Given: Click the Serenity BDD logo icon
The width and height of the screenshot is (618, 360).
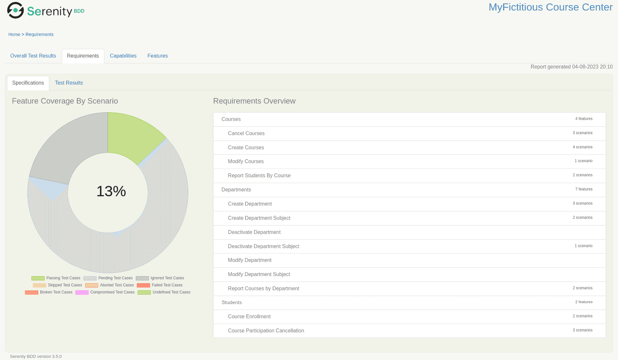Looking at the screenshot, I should [15, 10].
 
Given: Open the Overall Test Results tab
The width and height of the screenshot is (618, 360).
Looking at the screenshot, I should [33, 56].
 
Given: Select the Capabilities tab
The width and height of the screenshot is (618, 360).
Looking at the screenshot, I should [123, 56].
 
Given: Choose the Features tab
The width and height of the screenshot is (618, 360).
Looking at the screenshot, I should [158, 56].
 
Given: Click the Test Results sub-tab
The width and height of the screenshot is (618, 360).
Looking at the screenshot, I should [69, 83].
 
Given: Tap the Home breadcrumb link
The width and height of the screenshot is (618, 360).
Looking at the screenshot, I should [14, 35].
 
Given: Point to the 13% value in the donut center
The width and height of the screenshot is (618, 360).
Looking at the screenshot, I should [111, 191].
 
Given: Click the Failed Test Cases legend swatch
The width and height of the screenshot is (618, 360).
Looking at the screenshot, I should [143, 285].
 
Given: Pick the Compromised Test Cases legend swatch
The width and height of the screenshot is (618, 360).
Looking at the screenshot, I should [82, 292].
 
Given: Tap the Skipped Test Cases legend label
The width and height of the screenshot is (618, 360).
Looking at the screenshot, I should [65, 285].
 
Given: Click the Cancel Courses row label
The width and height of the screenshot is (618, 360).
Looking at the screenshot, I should [246, 133].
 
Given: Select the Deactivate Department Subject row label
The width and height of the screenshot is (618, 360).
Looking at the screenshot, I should [263, 246].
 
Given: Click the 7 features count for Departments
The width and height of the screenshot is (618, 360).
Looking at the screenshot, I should [584, 189].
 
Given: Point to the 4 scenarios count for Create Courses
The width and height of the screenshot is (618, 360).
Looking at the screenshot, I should [582, 147].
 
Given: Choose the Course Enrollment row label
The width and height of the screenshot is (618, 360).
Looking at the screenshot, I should [249, 316].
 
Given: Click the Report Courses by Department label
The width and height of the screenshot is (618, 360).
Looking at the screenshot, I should [263, 288].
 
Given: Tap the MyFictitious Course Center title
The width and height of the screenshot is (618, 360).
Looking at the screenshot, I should [550, 7].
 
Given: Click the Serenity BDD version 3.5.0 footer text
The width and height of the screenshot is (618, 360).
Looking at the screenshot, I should [36, 356].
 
